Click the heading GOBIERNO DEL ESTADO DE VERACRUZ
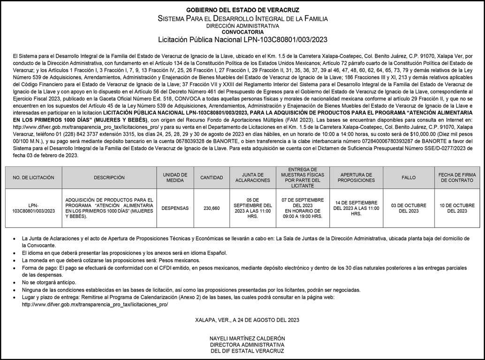click(x=242, y=10)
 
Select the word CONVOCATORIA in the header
click(x=242, y=32)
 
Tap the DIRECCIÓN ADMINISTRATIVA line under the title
click(x=242, y=26)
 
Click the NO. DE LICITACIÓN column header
click(x=34, y=178)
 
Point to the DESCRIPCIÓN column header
click(x=109, y=178)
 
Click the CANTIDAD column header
click(x=212, y=178)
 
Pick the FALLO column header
click(x=409, y=178)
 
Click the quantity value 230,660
click(x=212, y=208)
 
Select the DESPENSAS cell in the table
click(x=175, y=208)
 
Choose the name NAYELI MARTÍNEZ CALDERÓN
click(x=247, y=338)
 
